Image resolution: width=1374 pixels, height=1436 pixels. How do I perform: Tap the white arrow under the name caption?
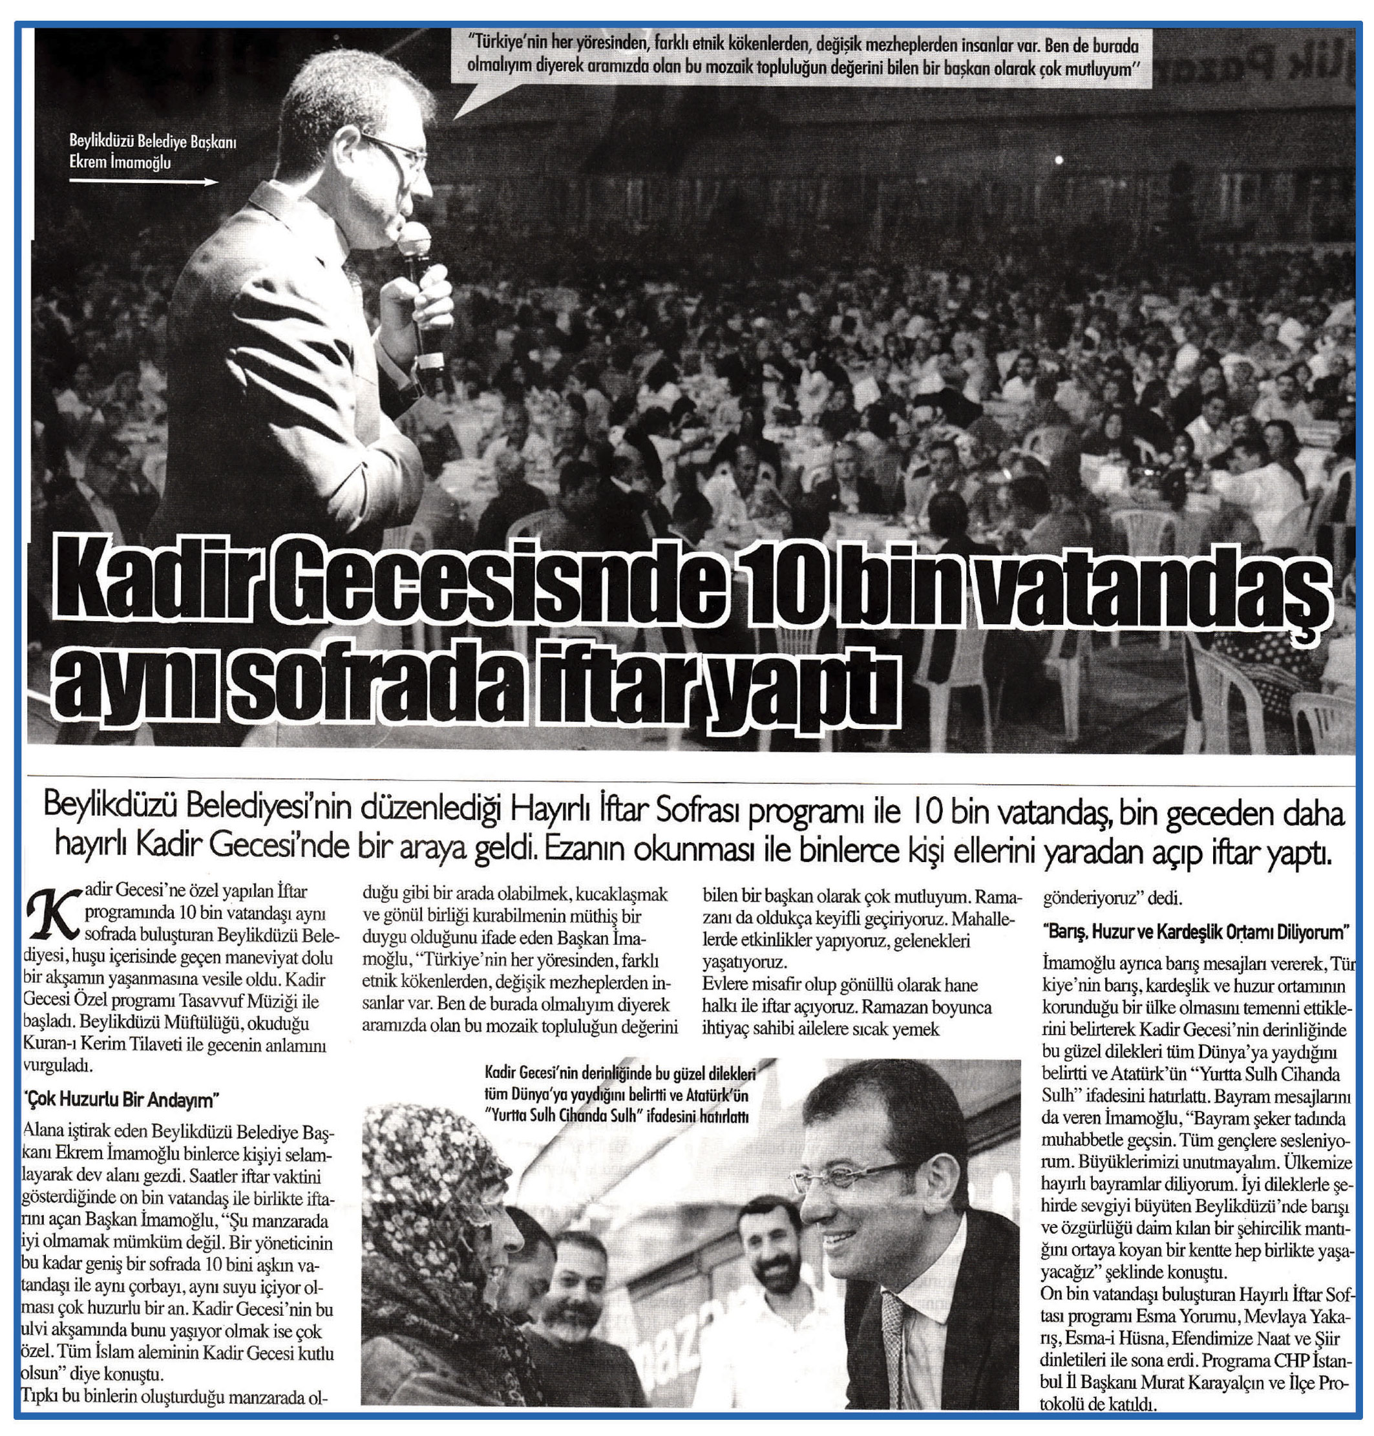[143, 182]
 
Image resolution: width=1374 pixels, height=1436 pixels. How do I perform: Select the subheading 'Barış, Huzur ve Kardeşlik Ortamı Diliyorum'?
[1195, 932]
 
